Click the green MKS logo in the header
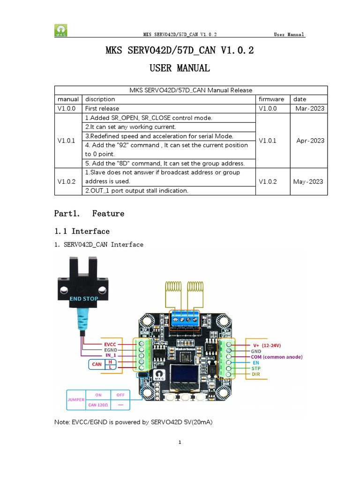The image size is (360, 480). tap(60, 30)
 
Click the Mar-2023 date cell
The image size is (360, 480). tap(310, 109)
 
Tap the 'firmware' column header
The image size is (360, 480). tap(271, 99)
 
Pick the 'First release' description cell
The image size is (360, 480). tap(102, 109)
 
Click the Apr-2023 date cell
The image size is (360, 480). tap(310, 141)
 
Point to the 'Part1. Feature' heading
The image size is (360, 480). tap(90, 214)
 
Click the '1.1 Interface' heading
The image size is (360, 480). tap(82, 232)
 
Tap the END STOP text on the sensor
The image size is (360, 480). tap(83, 298)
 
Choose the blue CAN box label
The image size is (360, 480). tap(97, 364)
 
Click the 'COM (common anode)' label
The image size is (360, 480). tap(277, 357)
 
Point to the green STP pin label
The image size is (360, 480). tap(256, 369)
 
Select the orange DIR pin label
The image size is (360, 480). tap(256, 375)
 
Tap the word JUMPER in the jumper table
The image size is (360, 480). tap(76, 399)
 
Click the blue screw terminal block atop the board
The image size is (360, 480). tap(185, 319)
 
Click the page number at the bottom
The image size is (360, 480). tap(180, 442)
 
